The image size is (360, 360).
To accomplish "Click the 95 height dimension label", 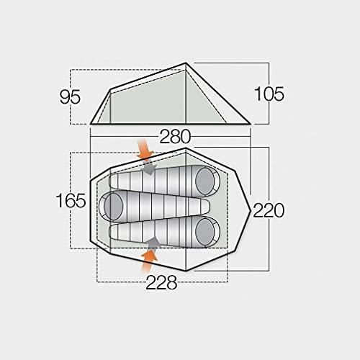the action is [70, 97].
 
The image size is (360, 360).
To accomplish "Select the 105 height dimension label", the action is [269, 94].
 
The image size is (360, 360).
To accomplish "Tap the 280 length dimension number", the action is [175, 137].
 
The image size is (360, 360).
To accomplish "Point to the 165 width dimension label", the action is [71, 201].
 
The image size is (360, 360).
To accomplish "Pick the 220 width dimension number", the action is [269, 210].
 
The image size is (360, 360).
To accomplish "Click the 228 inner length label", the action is [161, 282].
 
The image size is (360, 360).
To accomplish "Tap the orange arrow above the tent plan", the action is [145, 149].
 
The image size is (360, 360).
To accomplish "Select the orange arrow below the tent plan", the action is [149, 261].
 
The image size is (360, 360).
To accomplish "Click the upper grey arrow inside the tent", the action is [150, 168].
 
